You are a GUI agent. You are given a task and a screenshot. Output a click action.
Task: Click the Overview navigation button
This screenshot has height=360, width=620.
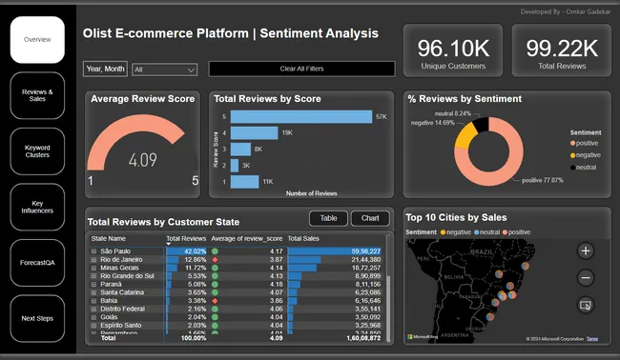(x=37, y=40)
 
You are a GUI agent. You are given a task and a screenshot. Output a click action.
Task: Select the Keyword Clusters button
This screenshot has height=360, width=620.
(x=37, y=150)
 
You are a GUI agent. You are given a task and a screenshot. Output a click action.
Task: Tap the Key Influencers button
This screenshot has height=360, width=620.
(x=37, y=205)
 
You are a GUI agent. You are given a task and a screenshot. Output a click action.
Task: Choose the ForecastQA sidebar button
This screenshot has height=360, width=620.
(x=37, y=261)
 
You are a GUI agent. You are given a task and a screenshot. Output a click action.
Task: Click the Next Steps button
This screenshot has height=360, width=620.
(x=37, y=318)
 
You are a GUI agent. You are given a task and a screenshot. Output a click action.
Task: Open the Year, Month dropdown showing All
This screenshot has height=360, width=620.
(x=165, y=70)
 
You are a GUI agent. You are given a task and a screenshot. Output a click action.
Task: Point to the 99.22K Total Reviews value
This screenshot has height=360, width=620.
(x=562, y=48)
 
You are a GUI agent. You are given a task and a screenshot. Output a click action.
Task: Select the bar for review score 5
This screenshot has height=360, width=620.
(x=301, y=116)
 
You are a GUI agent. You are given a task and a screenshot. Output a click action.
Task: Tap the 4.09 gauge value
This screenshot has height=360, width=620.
(x=143, y=160)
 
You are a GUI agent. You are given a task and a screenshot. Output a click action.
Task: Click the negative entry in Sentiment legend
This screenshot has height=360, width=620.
(x=587, y=154)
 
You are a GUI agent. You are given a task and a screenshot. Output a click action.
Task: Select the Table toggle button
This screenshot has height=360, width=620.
(x=328, y=219)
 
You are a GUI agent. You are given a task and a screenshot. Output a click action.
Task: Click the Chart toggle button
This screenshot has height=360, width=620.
(x=371, y=219)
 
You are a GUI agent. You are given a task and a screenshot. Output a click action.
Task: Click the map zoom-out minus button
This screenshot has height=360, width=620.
(x=586, y=277)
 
